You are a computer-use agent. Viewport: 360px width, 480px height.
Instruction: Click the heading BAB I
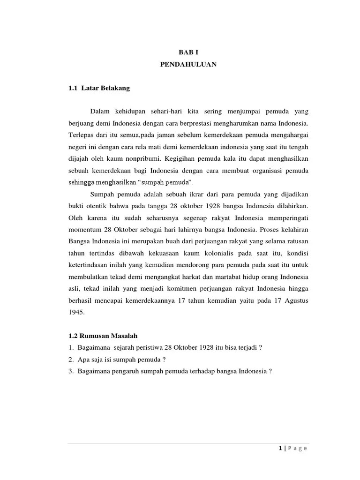click(x=188, y=53)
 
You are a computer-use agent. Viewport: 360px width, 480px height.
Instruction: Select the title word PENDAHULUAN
click(x=188, y=65)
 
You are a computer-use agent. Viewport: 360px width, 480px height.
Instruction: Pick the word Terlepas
click(x=80, y=135)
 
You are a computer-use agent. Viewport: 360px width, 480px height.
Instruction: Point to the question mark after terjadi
click(x=260, y=347)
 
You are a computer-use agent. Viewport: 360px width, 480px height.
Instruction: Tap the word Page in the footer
click(x=297, y=449)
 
